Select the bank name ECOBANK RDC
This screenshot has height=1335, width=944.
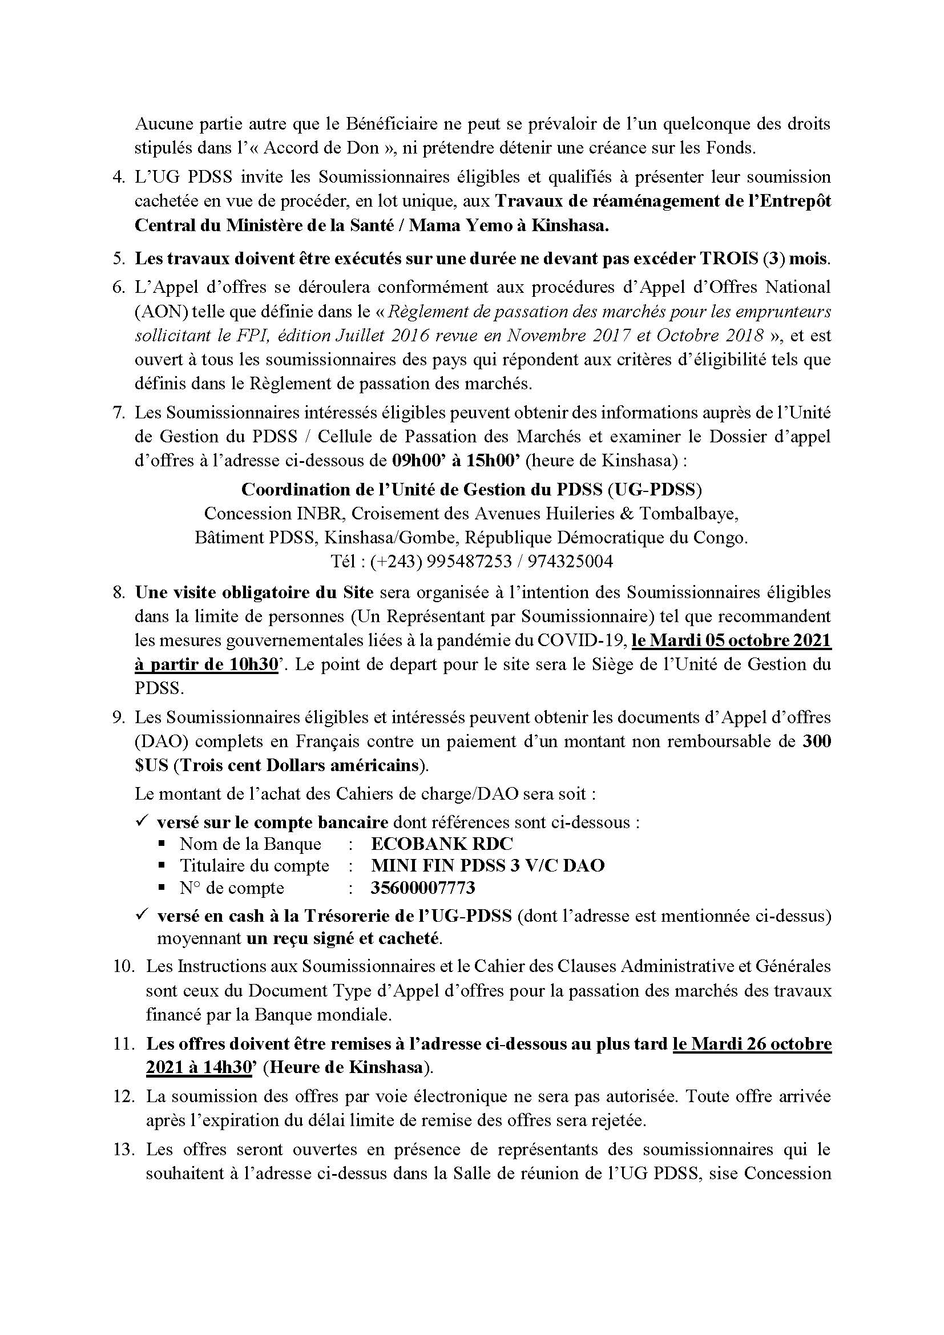pyautogui.click(x=442, y=844)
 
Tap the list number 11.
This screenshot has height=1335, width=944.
pyautogui.click(x=124, y=1044)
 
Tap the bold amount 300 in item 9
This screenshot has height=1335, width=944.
pyautogui.click(x=817, y=741)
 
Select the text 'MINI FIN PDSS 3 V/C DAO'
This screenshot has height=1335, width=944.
pyautogui.click(x=487, y=866)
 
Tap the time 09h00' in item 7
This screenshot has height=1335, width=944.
pyautogui.click(x=413, y=461)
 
